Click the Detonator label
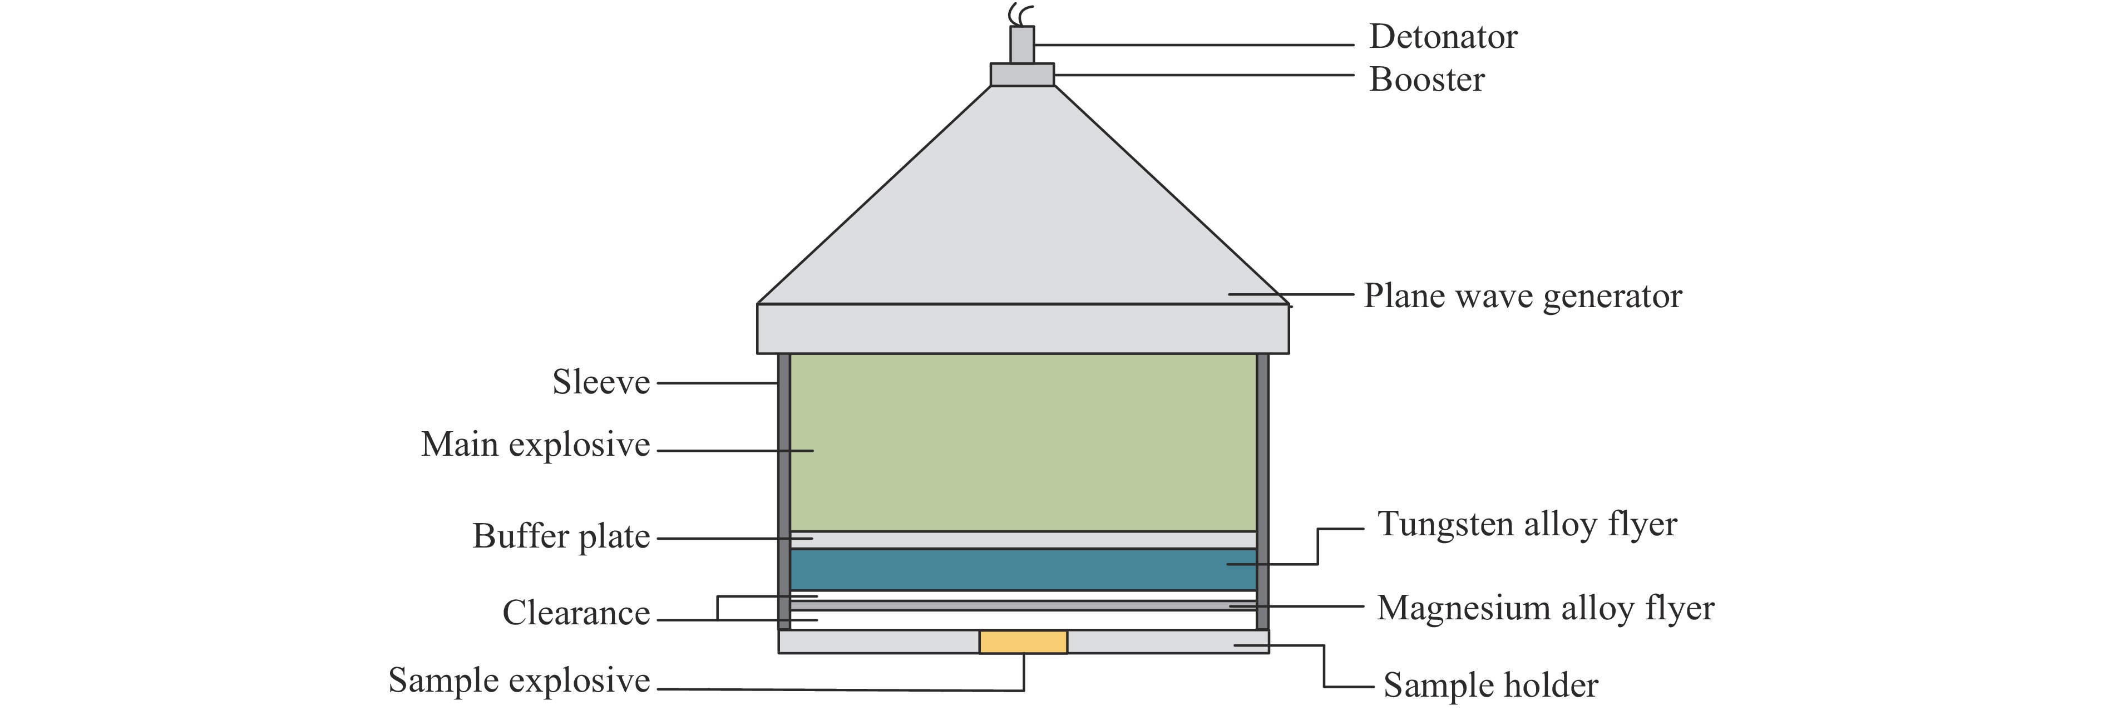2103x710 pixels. (1443, 37)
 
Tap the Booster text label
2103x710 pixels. (1426, 80)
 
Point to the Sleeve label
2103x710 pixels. (601, 382)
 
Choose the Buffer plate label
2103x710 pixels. (561, 536)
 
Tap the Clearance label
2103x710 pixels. (576, 613)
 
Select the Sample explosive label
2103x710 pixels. (519, 680)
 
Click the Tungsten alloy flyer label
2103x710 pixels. (1527, 524)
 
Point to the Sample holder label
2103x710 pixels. (1490, 686)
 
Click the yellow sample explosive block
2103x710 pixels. (1023, 642)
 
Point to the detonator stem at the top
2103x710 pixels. (1022, 45)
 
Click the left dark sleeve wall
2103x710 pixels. (784, 490)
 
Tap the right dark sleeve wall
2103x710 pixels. (1262, 490)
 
